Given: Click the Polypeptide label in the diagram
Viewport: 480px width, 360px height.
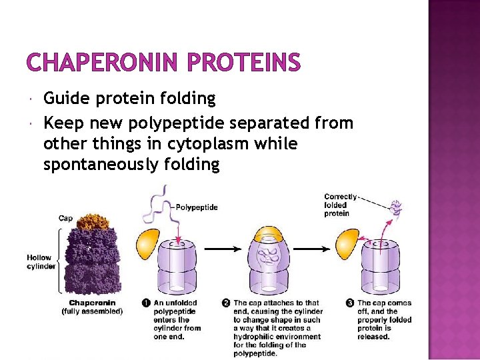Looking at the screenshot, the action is click(x=197, y=207).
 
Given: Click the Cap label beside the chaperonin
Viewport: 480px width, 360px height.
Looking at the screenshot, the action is click(x=66, y=218).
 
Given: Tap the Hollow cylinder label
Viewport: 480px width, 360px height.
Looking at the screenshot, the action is click(x=40, y=262).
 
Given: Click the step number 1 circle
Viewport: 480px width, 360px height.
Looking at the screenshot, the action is click(x=146, y=303).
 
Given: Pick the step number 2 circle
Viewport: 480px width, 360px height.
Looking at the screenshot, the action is click(x=227, y=303).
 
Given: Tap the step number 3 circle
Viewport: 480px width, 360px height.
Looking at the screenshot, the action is click(x=350, y=303).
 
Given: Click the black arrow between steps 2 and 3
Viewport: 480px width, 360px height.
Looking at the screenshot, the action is click(x=316, y=249).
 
